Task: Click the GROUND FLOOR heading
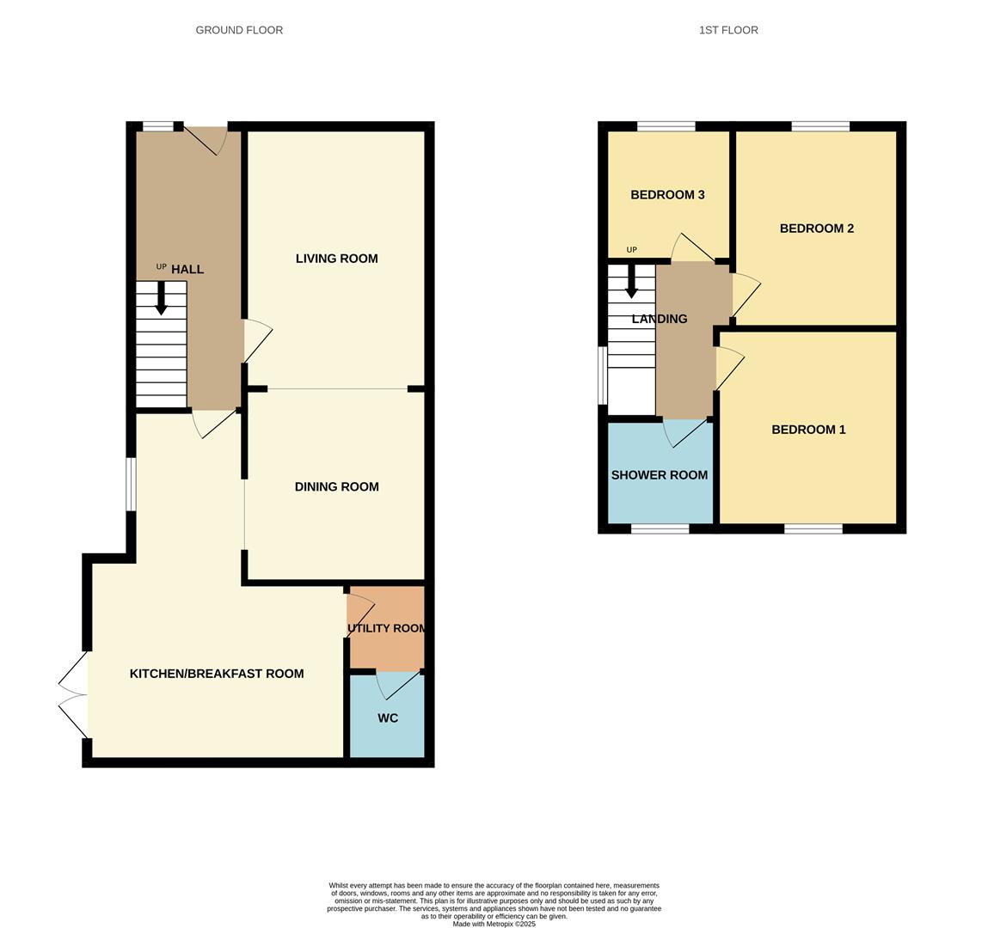239,30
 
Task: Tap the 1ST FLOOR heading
728,30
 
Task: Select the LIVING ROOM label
336,258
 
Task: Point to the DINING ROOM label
336,486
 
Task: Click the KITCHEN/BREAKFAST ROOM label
217,674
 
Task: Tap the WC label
388,717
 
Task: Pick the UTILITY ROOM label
386,628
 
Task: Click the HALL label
187,270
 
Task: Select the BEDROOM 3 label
667,195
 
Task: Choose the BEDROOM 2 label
817,229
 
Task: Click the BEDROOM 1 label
808,430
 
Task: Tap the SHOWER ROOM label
659,475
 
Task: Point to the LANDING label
659,319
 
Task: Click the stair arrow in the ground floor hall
162,298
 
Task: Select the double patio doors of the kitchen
73,694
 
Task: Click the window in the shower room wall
660,528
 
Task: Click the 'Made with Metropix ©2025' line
494,925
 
